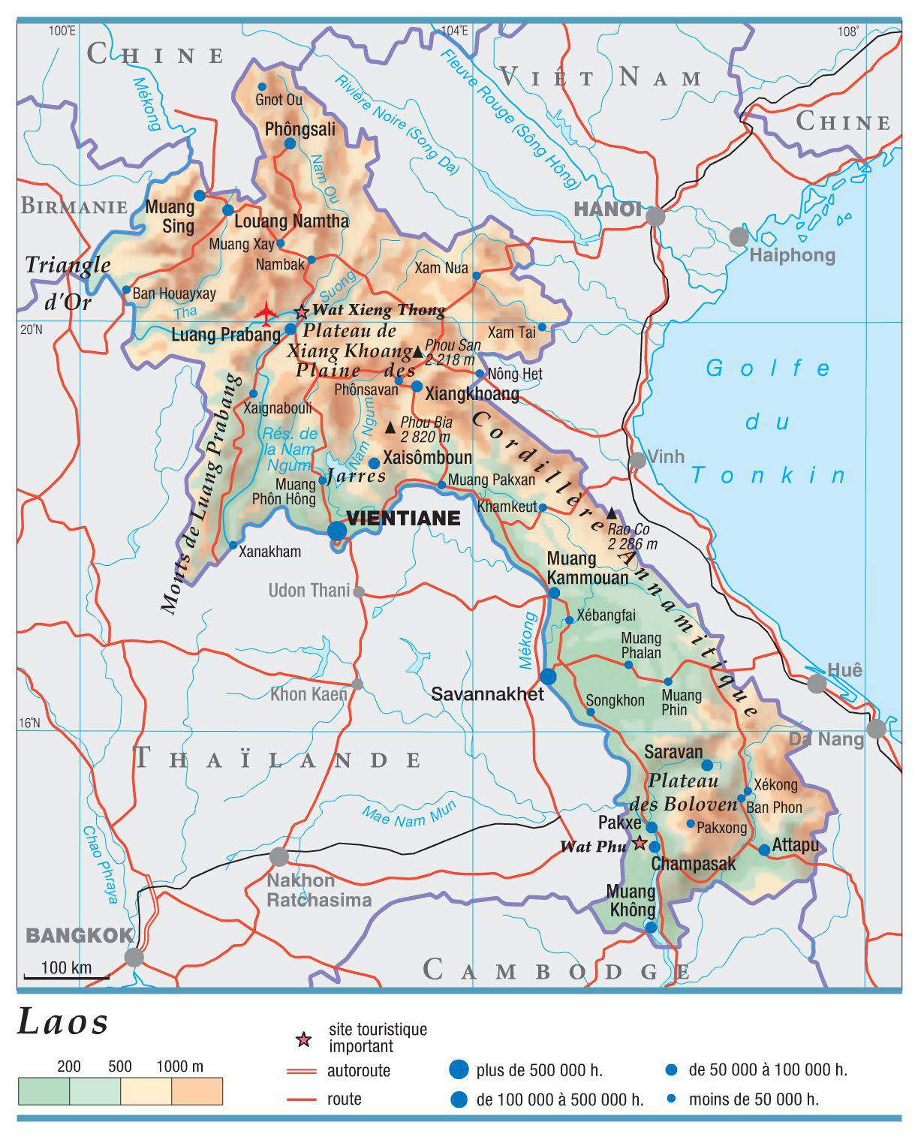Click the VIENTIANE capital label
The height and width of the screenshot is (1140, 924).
[x=402, y=519]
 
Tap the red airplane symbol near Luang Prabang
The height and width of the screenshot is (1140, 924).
[x=266, y=311]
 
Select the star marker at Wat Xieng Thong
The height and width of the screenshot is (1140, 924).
[x=302, y=311]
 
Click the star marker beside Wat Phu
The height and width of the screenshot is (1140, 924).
[x=640, y=843]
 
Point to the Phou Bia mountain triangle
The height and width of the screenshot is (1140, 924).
[x=390, y=428]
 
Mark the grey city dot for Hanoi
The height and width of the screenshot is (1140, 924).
[x=655, y=216]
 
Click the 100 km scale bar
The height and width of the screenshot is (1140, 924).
[x=66, y=977]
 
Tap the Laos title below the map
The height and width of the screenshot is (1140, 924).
[x=64, y=1023]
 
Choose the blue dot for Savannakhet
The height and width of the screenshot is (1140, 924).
[x=549, y=676]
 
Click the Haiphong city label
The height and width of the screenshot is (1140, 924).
[x=792, y=255]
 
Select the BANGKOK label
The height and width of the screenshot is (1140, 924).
[x=80, y=935]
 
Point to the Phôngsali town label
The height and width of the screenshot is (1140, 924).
[x=300, y=130]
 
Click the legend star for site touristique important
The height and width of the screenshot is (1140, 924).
[x=303, y=1039]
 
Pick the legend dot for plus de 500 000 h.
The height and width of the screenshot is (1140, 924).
[x=458, y=1069]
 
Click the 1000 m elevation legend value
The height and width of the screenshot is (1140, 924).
[x=179, y=1066]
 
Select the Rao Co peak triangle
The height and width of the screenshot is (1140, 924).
[x=612, y=513]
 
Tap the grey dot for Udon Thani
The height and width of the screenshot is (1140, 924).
[x=359, y=592]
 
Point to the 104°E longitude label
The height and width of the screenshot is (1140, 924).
[x=454, y=31]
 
